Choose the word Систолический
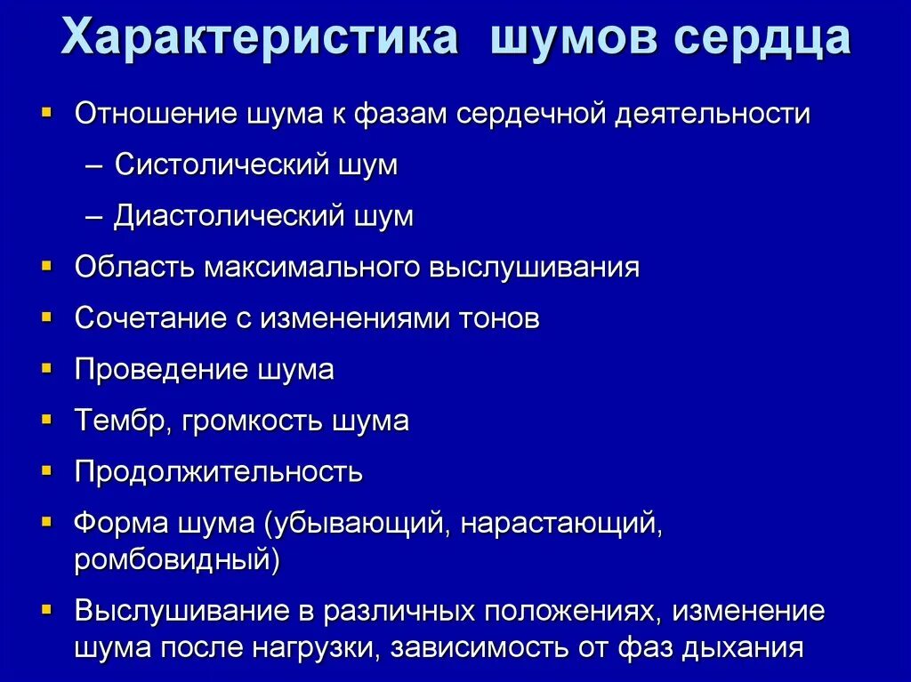pyautogui.click(x=220, y=165)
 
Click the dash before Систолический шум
pyautogui.click(x=99, y=165)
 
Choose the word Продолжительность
pyautogui.click(x=219, y=471)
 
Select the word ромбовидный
pyautogui.click(x=177, y=560)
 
